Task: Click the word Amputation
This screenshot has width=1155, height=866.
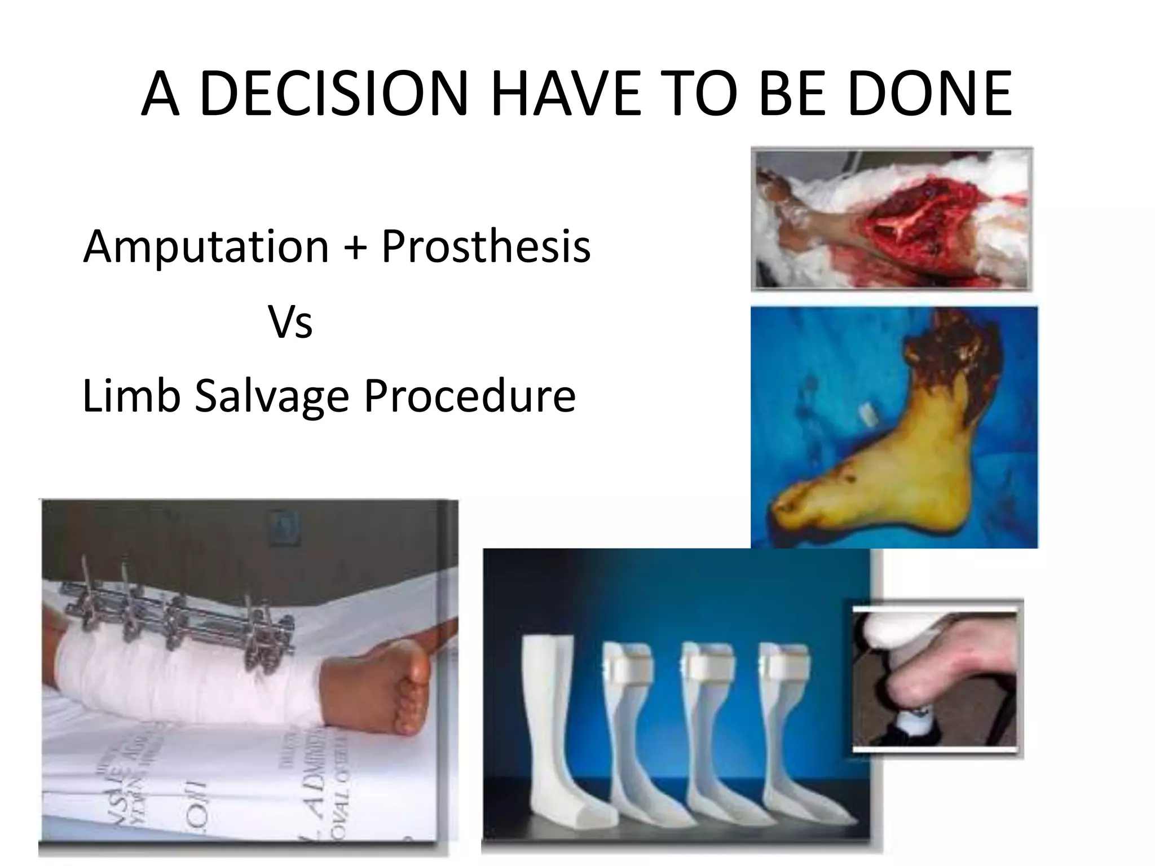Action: coord(206,247)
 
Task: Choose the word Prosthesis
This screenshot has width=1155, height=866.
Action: coord(486,247)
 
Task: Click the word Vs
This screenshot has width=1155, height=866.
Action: coord(290,322)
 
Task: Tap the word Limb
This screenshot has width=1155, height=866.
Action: coord(131,396)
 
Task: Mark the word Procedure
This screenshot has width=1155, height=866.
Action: coord(470,396)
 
